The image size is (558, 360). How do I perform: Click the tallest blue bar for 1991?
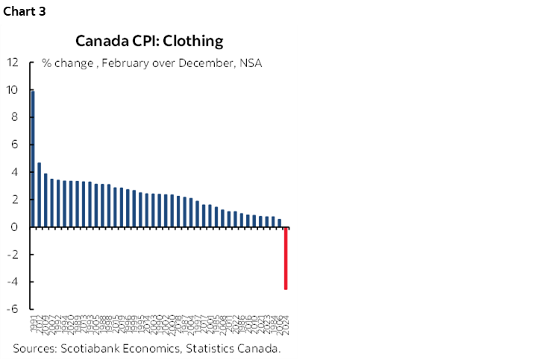click(33, 159)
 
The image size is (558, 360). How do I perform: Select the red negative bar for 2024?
click(286, 258)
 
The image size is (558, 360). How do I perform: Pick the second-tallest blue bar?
click(39, 195)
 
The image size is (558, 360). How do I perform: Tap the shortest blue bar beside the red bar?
click(280, 223)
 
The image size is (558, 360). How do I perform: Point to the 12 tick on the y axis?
click(13, 63)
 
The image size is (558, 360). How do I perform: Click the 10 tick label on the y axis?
click(13, 90)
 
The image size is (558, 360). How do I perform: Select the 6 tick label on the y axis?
click(16, 145)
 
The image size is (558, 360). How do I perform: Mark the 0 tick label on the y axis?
click(16, 227)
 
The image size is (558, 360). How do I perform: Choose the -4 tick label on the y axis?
click(13, 282)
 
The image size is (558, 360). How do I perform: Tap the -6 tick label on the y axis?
click(13, 309)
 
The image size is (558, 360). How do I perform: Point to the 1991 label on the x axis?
click(34, 325)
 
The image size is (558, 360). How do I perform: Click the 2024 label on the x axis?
click(286, 325)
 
